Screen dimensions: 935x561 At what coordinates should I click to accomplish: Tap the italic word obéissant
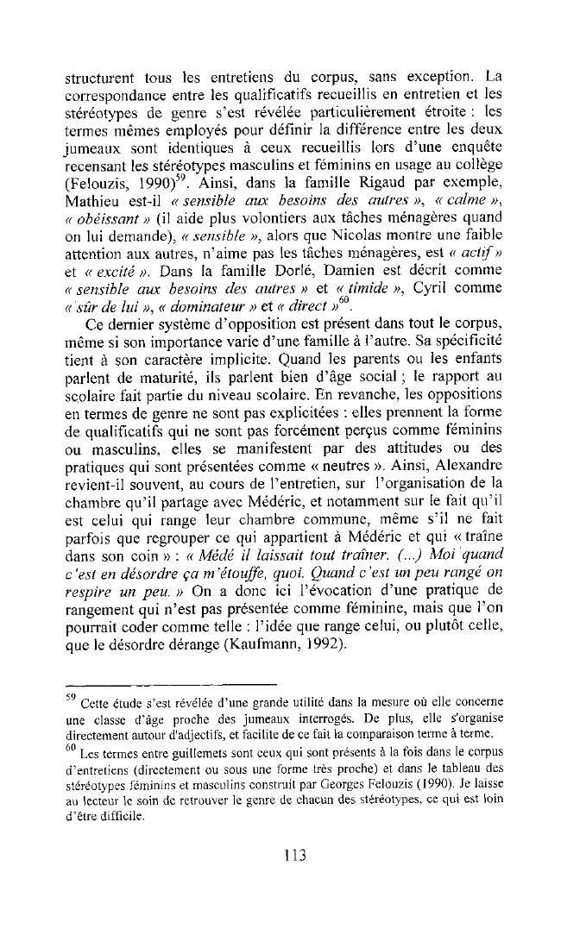point(110,219)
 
